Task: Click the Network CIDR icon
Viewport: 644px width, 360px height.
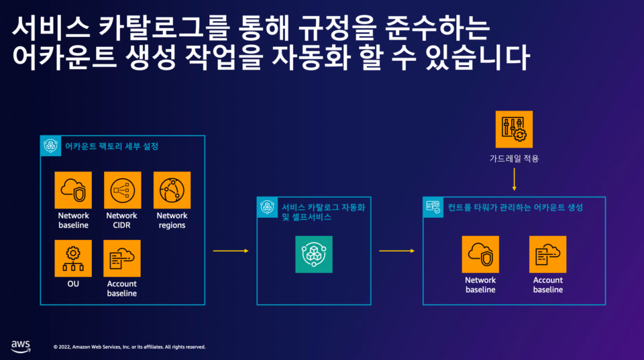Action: (x=122, y=190)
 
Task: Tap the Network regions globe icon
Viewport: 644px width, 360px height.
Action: (x=172, y=190)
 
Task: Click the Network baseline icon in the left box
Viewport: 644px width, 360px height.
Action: (x=73, y=190)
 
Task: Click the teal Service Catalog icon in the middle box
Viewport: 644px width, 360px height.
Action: (x=313, y=254)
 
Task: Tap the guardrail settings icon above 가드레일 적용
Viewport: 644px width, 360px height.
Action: (x=514, y=129)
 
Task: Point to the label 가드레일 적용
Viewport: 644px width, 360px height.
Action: (x=514, y=159)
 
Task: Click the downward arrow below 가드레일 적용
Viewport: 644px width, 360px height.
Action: (x=514, y=180)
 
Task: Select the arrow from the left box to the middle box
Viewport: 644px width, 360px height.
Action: (x=230, y=251)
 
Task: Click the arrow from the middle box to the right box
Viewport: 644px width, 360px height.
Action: (x=396, y=251)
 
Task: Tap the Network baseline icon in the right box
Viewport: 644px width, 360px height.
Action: (x=480, y=254)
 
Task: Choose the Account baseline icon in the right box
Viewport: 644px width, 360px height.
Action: (x=547, y=254)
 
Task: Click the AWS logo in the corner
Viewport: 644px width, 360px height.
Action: (x=20, y=345)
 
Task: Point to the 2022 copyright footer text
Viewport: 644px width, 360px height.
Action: (x=129, y=347)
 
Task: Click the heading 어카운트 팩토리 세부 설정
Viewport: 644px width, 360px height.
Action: (x=111, y=145)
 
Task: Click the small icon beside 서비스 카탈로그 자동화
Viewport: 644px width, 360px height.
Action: (x=268, y=208)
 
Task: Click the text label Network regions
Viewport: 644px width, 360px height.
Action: (x=172, y=221)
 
